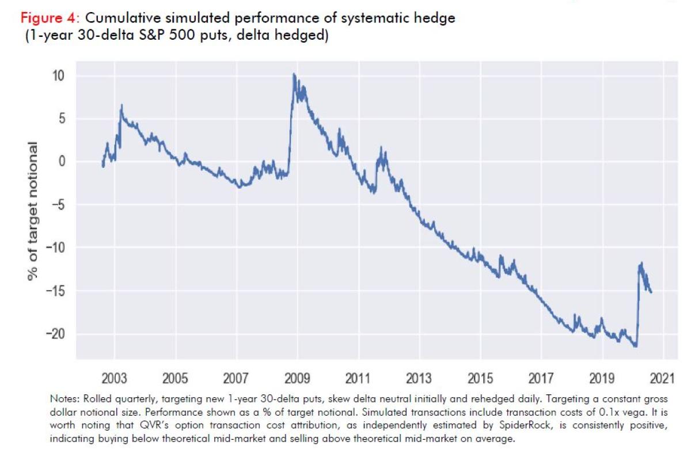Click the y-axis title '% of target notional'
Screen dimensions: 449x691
(35, 211)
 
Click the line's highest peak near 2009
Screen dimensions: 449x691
(294, 74)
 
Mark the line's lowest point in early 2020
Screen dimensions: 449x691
(636, 347)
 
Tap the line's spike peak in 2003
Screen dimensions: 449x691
(122, 105)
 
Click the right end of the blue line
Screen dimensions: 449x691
(651, 292)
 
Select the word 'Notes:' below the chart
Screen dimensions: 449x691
(65, 398)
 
